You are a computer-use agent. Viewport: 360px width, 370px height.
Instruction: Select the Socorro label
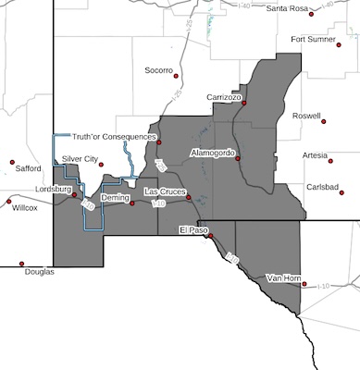click(x=161, y=70)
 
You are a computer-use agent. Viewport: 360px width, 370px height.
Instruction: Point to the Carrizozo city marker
click(x=243, y=104)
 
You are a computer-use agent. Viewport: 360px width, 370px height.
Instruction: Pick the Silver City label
click(x=80, y=159)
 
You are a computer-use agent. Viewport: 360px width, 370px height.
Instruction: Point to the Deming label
click(x=115, y=198)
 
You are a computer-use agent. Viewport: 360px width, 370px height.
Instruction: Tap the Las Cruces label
click(x=165, y=190)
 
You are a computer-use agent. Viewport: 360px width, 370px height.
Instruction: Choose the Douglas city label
click(x=39, y=271)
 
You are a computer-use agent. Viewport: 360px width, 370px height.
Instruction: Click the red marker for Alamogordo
click(x=238, y=158)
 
